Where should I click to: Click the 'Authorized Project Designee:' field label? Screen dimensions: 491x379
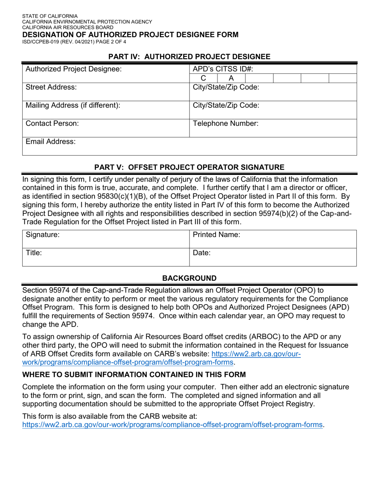(x=73, y=69)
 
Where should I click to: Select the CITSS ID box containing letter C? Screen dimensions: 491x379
(x=203, y=78)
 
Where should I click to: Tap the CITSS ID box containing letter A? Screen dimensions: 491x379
(x=231, y=78)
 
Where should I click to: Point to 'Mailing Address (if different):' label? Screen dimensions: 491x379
(x=73, y=105)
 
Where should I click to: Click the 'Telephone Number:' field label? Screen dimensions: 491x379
(x=226, y=123)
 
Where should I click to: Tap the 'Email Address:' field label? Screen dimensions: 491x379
(x=51, y=142)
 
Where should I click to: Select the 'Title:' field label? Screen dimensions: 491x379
(x=34, y=253)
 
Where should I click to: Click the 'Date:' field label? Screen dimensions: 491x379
(x=202, y=253)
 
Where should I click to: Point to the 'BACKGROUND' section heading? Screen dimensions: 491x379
(x=189, y=278)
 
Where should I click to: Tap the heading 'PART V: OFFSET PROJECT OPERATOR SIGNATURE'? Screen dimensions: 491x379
(x=189, y=167)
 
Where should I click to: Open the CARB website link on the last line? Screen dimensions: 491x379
(x=172, y=425)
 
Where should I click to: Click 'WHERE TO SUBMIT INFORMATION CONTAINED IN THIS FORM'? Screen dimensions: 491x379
(x=134, y=374)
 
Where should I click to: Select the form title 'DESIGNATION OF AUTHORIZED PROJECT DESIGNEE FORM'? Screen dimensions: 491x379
(x=130, y=34)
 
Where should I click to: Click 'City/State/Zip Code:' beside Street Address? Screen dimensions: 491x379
(x=226, y=87)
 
